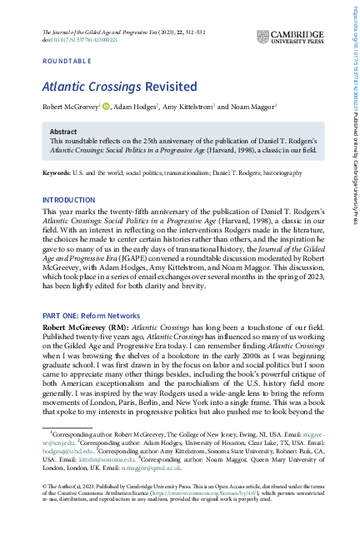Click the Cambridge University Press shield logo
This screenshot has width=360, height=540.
tap(263, 37)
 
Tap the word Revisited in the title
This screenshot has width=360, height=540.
tap(168, 87)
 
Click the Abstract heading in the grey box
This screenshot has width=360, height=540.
tap(63, 132)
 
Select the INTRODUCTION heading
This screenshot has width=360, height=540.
tap(69, 200)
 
